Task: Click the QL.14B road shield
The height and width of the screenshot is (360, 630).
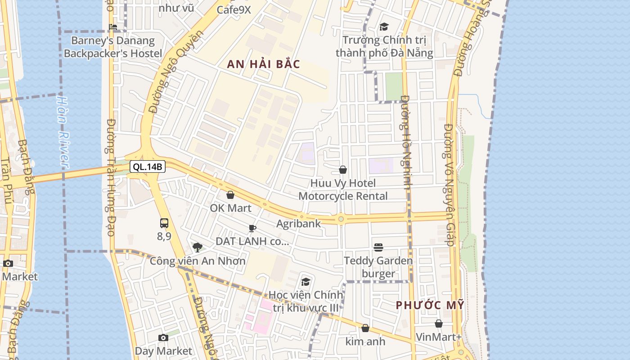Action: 148,167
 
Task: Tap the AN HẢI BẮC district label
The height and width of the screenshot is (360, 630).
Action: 263,64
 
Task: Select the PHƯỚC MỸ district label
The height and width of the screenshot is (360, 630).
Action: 430,305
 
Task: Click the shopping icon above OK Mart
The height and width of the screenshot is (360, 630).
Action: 230,195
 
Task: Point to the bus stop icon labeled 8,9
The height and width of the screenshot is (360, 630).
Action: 164,223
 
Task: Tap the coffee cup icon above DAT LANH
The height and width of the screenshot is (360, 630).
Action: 252,228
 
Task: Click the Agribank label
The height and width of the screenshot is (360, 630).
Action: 298,223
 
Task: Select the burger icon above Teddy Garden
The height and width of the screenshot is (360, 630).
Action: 378,247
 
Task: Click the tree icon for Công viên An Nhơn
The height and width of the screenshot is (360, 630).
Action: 197,247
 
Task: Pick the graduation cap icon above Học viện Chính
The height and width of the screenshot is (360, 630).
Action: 306,282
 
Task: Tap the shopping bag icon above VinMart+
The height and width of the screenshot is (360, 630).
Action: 439,324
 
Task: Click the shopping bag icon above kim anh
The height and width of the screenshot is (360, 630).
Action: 365,328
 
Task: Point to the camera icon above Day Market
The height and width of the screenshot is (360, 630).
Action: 163,337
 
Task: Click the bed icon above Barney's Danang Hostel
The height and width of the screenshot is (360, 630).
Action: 113,27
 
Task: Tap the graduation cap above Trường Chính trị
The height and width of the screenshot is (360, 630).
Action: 384,27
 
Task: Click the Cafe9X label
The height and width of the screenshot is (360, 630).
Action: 234,9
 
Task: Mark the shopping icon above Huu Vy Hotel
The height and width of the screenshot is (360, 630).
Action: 343,170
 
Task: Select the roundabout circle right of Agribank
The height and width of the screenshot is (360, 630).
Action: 341,219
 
